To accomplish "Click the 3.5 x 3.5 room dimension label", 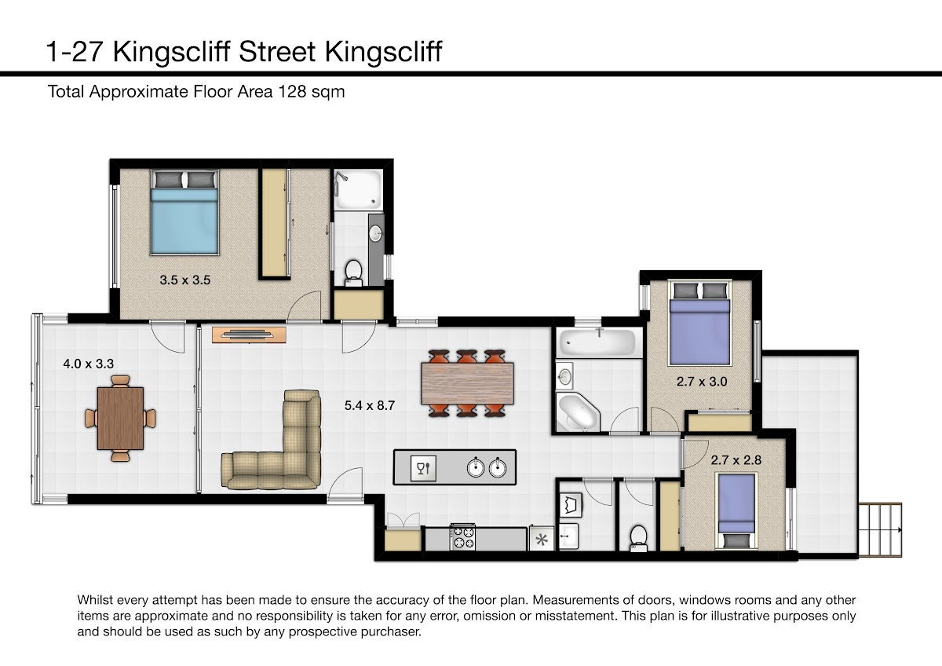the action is pyautogui.click(x=185, y=280).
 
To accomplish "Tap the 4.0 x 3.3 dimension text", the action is pyautogui.click(x=88, y=364).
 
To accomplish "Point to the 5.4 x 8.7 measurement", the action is pyautogui.click(x=370, y=405).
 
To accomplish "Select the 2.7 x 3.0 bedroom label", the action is pyautogui.click(x=702, y=382).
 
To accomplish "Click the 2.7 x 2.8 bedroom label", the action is pyautogui.click(x=736, y=460).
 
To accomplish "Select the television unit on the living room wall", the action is pyautogui.click(x=249, y=335).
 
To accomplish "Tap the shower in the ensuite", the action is pyautogui.click(x=358, y=189).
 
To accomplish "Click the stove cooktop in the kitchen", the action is pyautogui.click(x=462, y=537).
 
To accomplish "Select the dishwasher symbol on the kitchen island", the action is pyautogui.click(x=423, y=468).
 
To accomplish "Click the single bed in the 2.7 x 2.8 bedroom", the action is pyautogui.click(x=736, y=510).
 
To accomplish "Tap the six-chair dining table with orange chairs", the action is pyautogui.click(x=467, y=383).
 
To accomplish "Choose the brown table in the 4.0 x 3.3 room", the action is pyautogui.click(x=120, y=419).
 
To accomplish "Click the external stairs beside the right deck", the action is pyautogui.click(x=880, y=530).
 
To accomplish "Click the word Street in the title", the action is pyautogui.click(x=277, y=52).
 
